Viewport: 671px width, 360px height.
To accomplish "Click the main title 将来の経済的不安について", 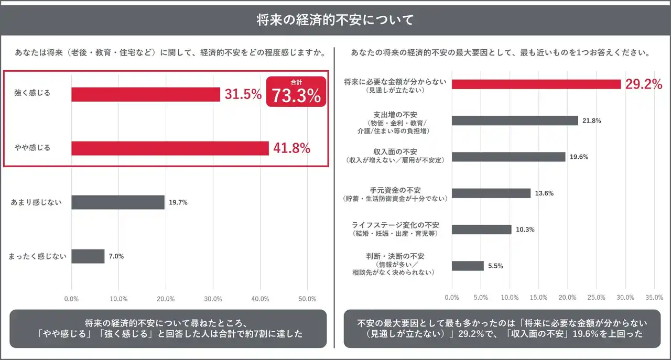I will coord(335,20).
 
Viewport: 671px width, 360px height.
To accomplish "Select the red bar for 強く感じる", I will coord(146,94).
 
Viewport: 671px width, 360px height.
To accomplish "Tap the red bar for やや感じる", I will coord(170,148).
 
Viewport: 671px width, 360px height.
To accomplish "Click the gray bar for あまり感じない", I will coord(118,202).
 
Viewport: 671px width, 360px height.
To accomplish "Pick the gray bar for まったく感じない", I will coord(88,256).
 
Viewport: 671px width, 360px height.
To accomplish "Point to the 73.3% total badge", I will coord(296,92).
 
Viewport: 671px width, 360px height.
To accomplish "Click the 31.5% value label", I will coord(243,94).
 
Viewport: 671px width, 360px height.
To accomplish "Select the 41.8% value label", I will coord(291,148).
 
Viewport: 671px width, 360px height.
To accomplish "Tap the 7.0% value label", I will coord(116,256).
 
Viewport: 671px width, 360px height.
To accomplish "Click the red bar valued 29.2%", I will coord(536,84).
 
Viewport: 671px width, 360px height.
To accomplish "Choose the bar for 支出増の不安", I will coord(515,121).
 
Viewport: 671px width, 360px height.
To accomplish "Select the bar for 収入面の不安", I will coord(508,157).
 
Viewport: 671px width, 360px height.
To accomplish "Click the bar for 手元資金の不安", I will coord(491,193).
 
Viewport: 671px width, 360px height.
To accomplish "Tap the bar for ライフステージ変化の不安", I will coord(481,230).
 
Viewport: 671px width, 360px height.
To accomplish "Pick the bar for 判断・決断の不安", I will coord(468,266).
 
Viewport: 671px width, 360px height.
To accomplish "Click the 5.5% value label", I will coord(495,266).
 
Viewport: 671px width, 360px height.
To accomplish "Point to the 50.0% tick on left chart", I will coord(307,299).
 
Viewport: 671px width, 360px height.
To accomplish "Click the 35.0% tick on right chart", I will coord(654,297).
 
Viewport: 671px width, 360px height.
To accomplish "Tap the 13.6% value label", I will coord(544,193).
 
